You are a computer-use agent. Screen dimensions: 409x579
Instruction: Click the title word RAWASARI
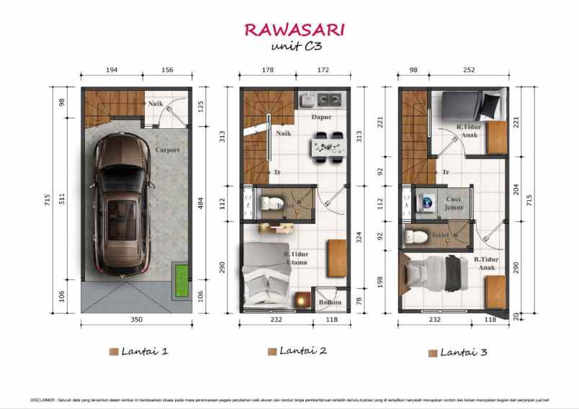[x=293, y=30]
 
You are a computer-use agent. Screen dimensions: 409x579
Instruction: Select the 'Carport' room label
[x=167, y=150]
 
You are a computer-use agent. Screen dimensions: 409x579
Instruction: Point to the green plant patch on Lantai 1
[x=178, y=282]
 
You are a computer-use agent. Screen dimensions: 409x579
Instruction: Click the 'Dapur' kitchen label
[x=321, y=116]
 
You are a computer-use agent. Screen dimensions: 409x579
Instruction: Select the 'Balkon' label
[x=330, y=302]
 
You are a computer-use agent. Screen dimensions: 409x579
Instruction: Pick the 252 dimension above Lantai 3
[x=469, y=71]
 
